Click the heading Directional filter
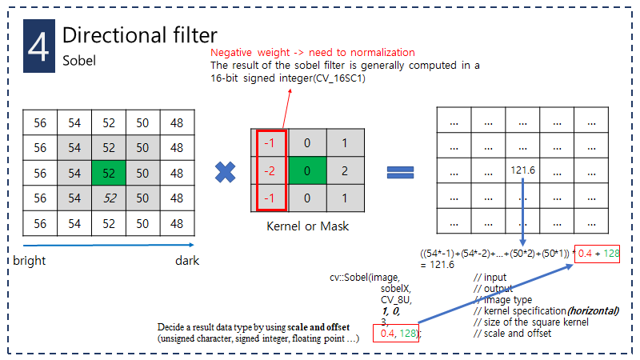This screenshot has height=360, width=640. pyautogui.click(x=139, y=35)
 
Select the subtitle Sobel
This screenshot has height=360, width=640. pyautogui.click(x=78, y=60)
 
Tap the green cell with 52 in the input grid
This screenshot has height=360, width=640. pyautogui.click(x=108, y=173)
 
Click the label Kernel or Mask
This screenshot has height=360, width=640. pyautogui.click(x=308, y=226)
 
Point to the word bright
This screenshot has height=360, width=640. pyautogui.click(x=31, y=261)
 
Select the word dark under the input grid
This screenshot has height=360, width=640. pyautogui.click(x=187, y=261)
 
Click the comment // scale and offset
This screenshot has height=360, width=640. pyautogui.click(x=512, y=333)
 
